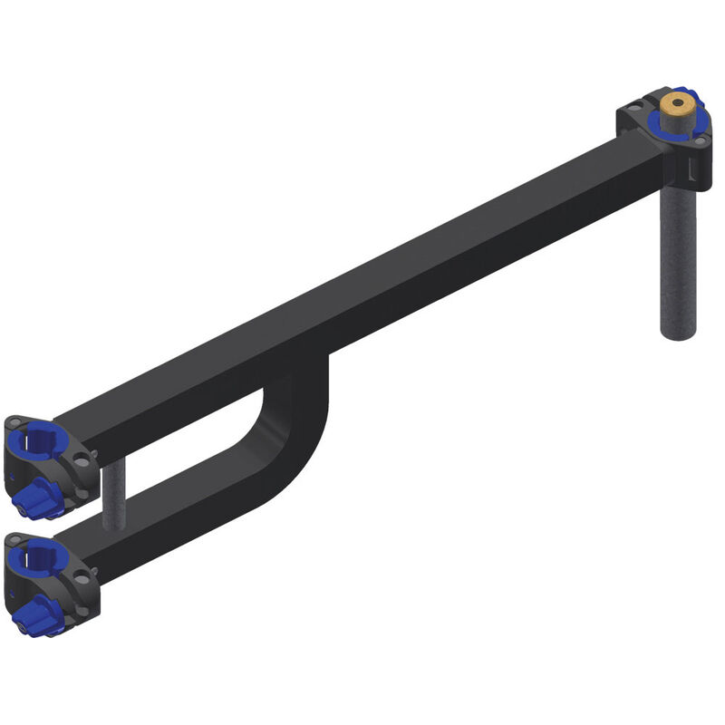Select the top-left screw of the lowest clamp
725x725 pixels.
point(12,542)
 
